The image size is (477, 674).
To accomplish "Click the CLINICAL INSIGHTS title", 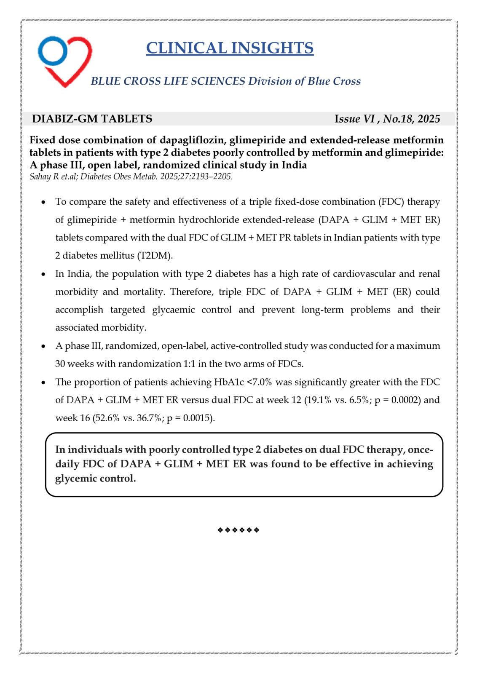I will pyautogui.click(x=230, y=48).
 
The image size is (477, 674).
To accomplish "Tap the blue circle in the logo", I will pyautogui.click(x=52, y=50).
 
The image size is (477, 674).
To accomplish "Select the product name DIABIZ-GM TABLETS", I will pyautogui.click(x=92, y=119).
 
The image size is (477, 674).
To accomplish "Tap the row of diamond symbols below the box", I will pyautogui.click(x=238, y=530).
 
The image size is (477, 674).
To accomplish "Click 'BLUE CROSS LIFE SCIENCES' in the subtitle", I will pyautogui.click(x=168, y=81).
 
